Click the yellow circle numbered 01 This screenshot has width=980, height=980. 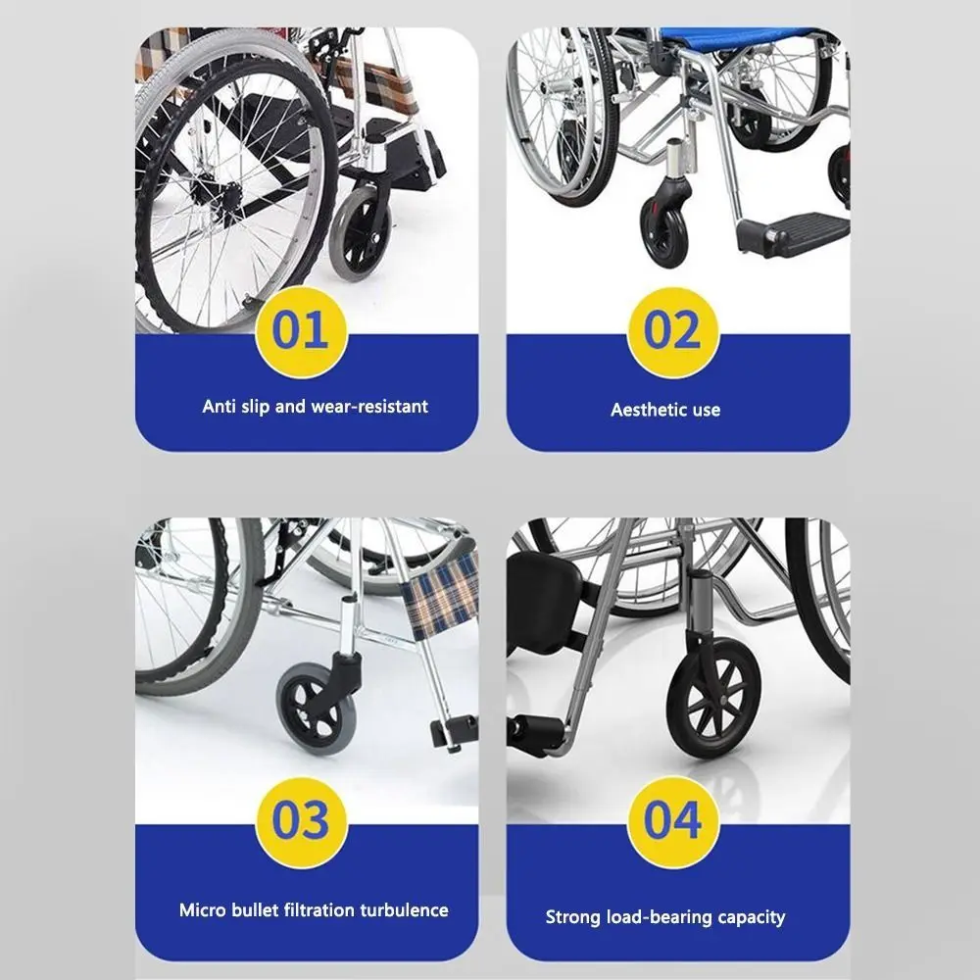coord(301,332)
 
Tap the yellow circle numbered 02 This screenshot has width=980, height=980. coord(672,332)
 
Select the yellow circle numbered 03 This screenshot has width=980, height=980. coord(301,822)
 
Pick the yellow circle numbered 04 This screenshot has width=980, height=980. coord(672,822)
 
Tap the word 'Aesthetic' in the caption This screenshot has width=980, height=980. coord(641,410)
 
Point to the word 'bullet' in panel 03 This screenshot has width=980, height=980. coord(255,910)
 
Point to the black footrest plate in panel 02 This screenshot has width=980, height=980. coord(794,232)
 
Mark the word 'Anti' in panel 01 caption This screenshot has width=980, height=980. coord(218,407)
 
